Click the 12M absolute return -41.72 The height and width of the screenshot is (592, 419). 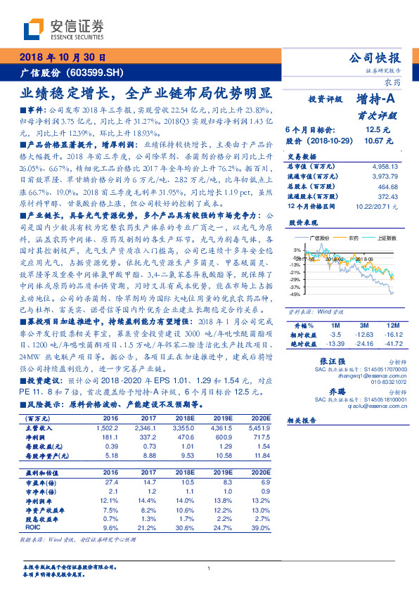pyautogui.click(x=392, y=344)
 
